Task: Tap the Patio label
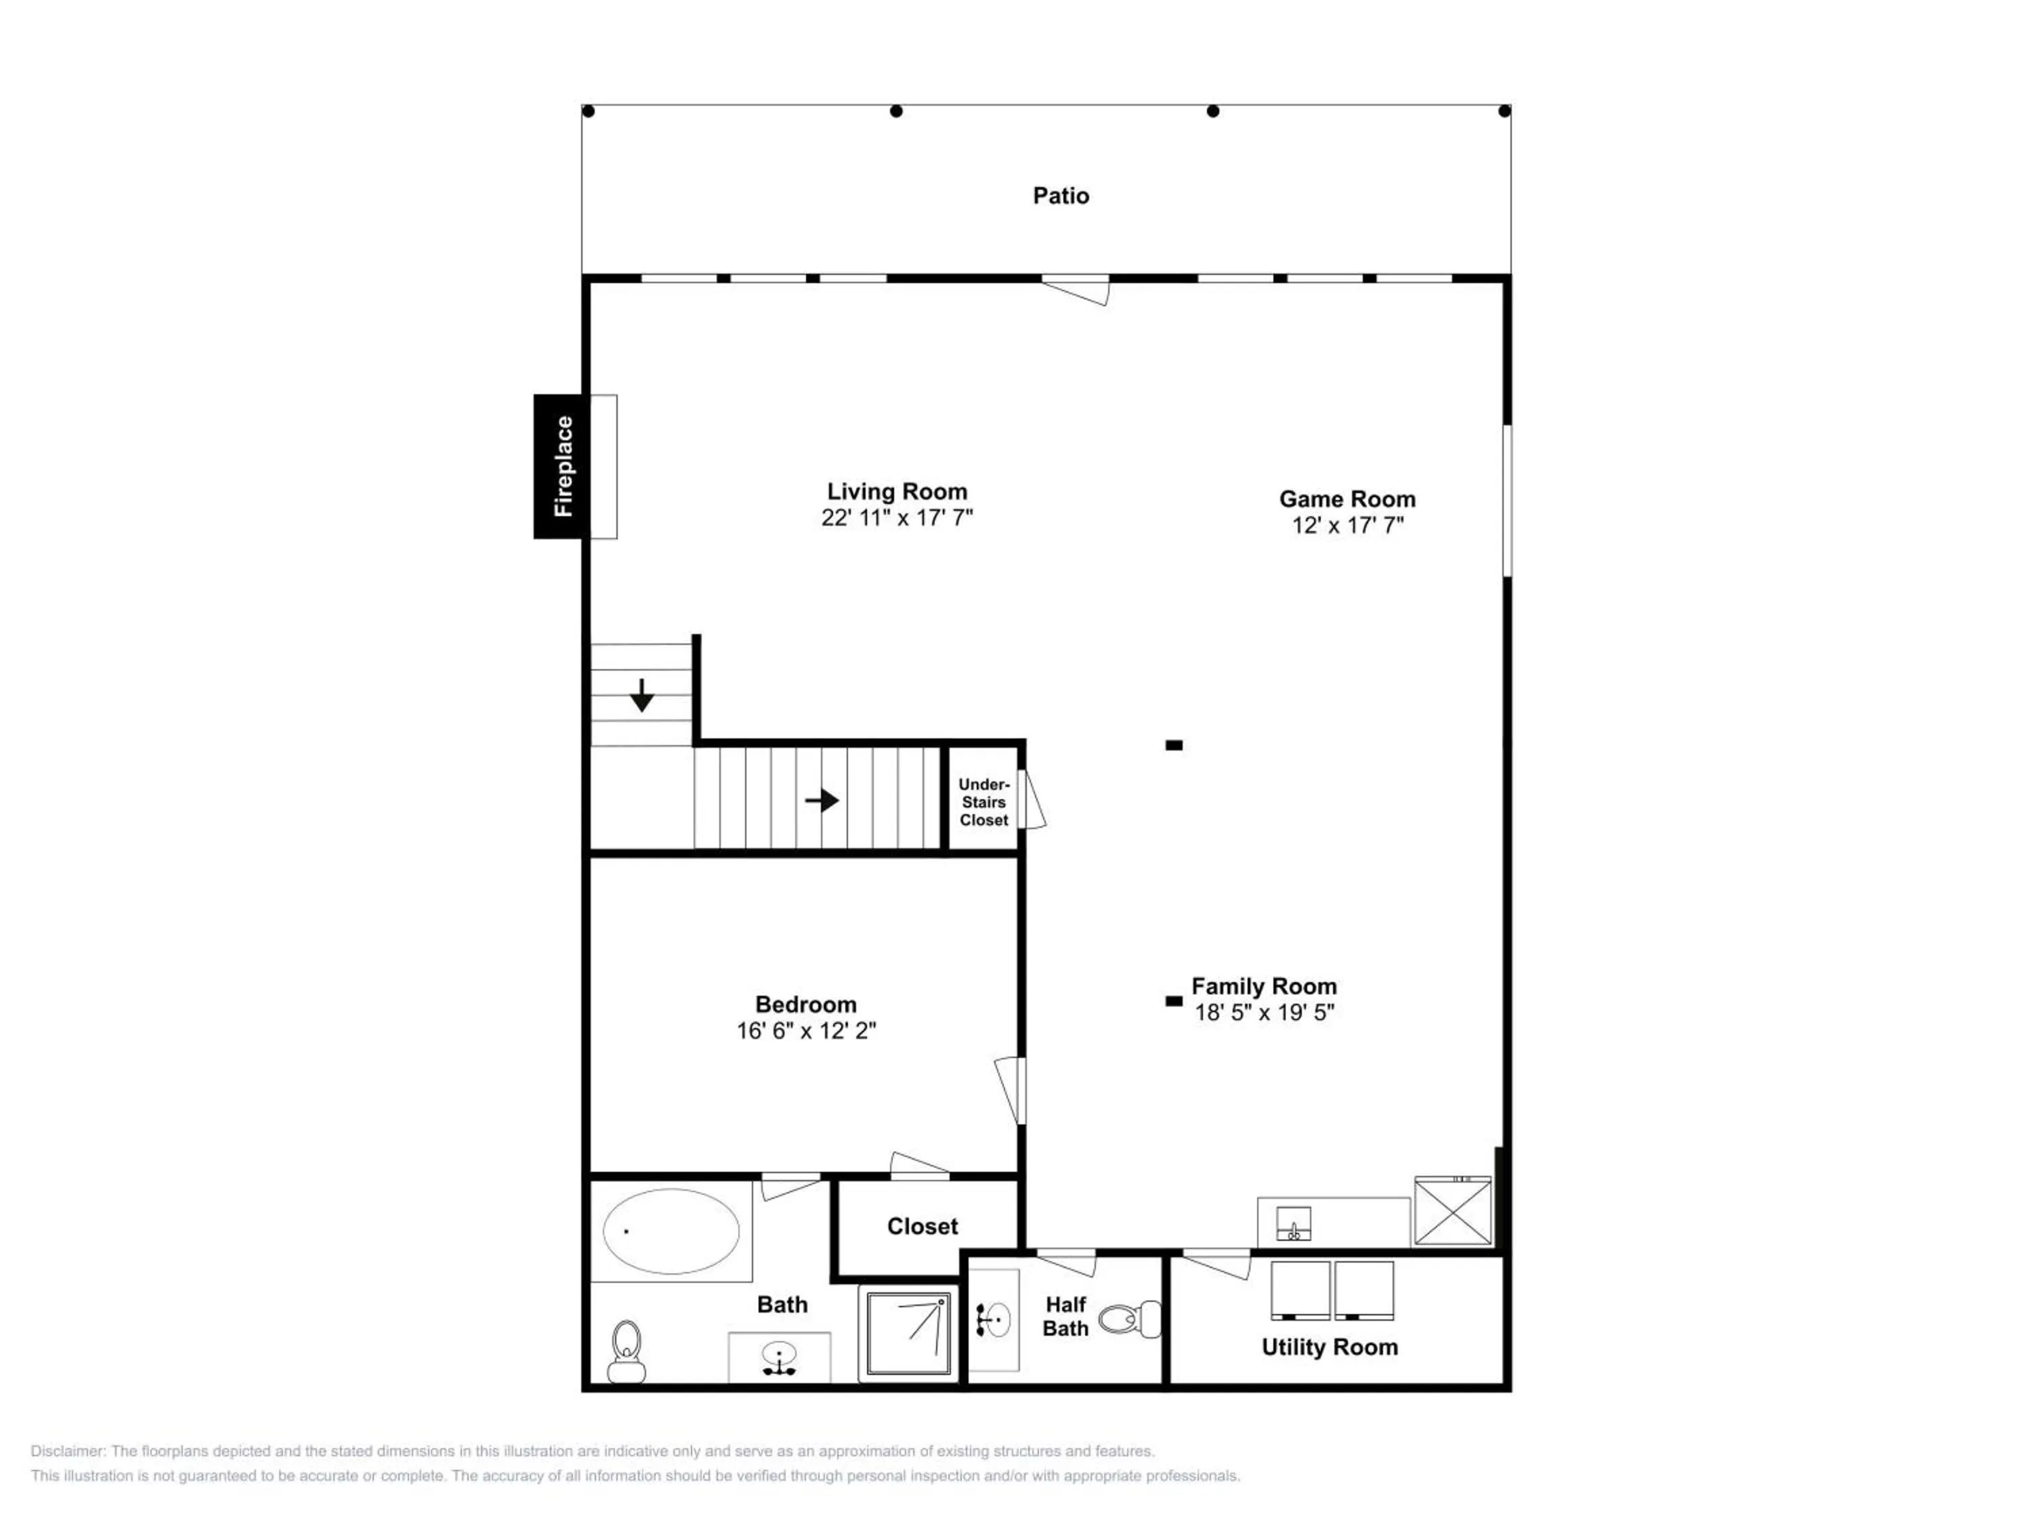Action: tap(1061, 196)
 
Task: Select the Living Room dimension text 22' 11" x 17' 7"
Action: tap(897, 518)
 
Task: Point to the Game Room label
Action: tap(1348, 499)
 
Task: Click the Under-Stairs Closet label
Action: tap(984, 802)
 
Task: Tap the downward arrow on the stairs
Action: tap(642, 694)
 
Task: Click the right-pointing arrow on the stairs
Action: tap(822, 800)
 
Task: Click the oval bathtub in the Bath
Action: tap(671, 1231)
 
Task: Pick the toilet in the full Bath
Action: tap(627, 1351)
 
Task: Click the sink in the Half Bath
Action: tap(993, 1320)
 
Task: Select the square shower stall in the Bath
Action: tap(908, 1333)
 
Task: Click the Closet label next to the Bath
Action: tap(923, 1227)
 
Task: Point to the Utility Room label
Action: tap(1329, 1347)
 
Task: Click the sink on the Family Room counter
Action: tap(1294, 1224)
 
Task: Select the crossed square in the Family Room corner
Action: tap(1452, 1211)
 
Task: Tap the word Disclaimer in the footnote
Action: tap(68, 1452)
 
